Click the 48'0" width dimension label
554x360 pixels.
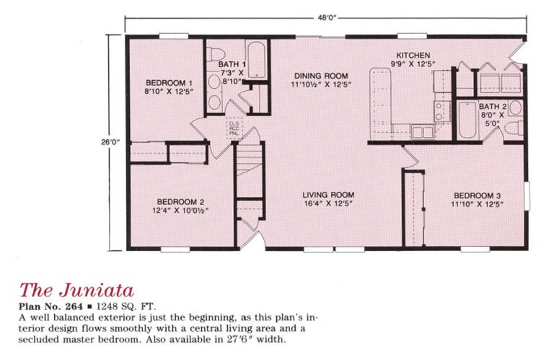pyautogui.click(x=327, y=17)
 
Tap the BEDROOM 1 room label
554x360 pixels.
pyautogui.click(x=169, y=83)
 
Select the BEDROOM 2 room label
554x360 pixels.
pyautogui.click(x=180, y=202)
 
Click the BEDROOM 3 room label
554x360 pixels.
pyautogui.click(x=478, y=196)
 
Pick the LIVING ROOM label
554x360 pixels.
pyautogui.click(x=328, y=195)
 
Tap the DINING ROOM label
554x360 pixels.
pyautogui.click(x=321, y=76)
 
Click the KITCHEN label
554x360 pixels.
pyautogui.click(x=413, y=55)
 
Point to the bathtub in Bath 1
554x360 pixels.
pyautogui.click(x=256, y=60)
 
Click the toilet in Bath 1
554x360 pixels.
pyautogui.click(x=216, y=54)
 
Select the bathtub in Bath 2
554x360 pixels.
pyautogui.click(x=467, y=120)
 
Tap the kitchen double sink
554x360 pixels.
pyautogui.click(x=423, y=132)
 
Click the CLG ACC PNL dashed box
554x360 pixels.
pyautogui.click(x=234, y=128)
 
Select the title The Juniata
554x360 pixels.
pyautogui.click(x=76, y=290)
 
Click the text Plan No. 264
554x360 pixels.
pyautogui.click(x=50, y=306)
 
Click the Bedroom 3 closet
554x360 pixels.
pyautogui.click(x=414, y=208)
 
